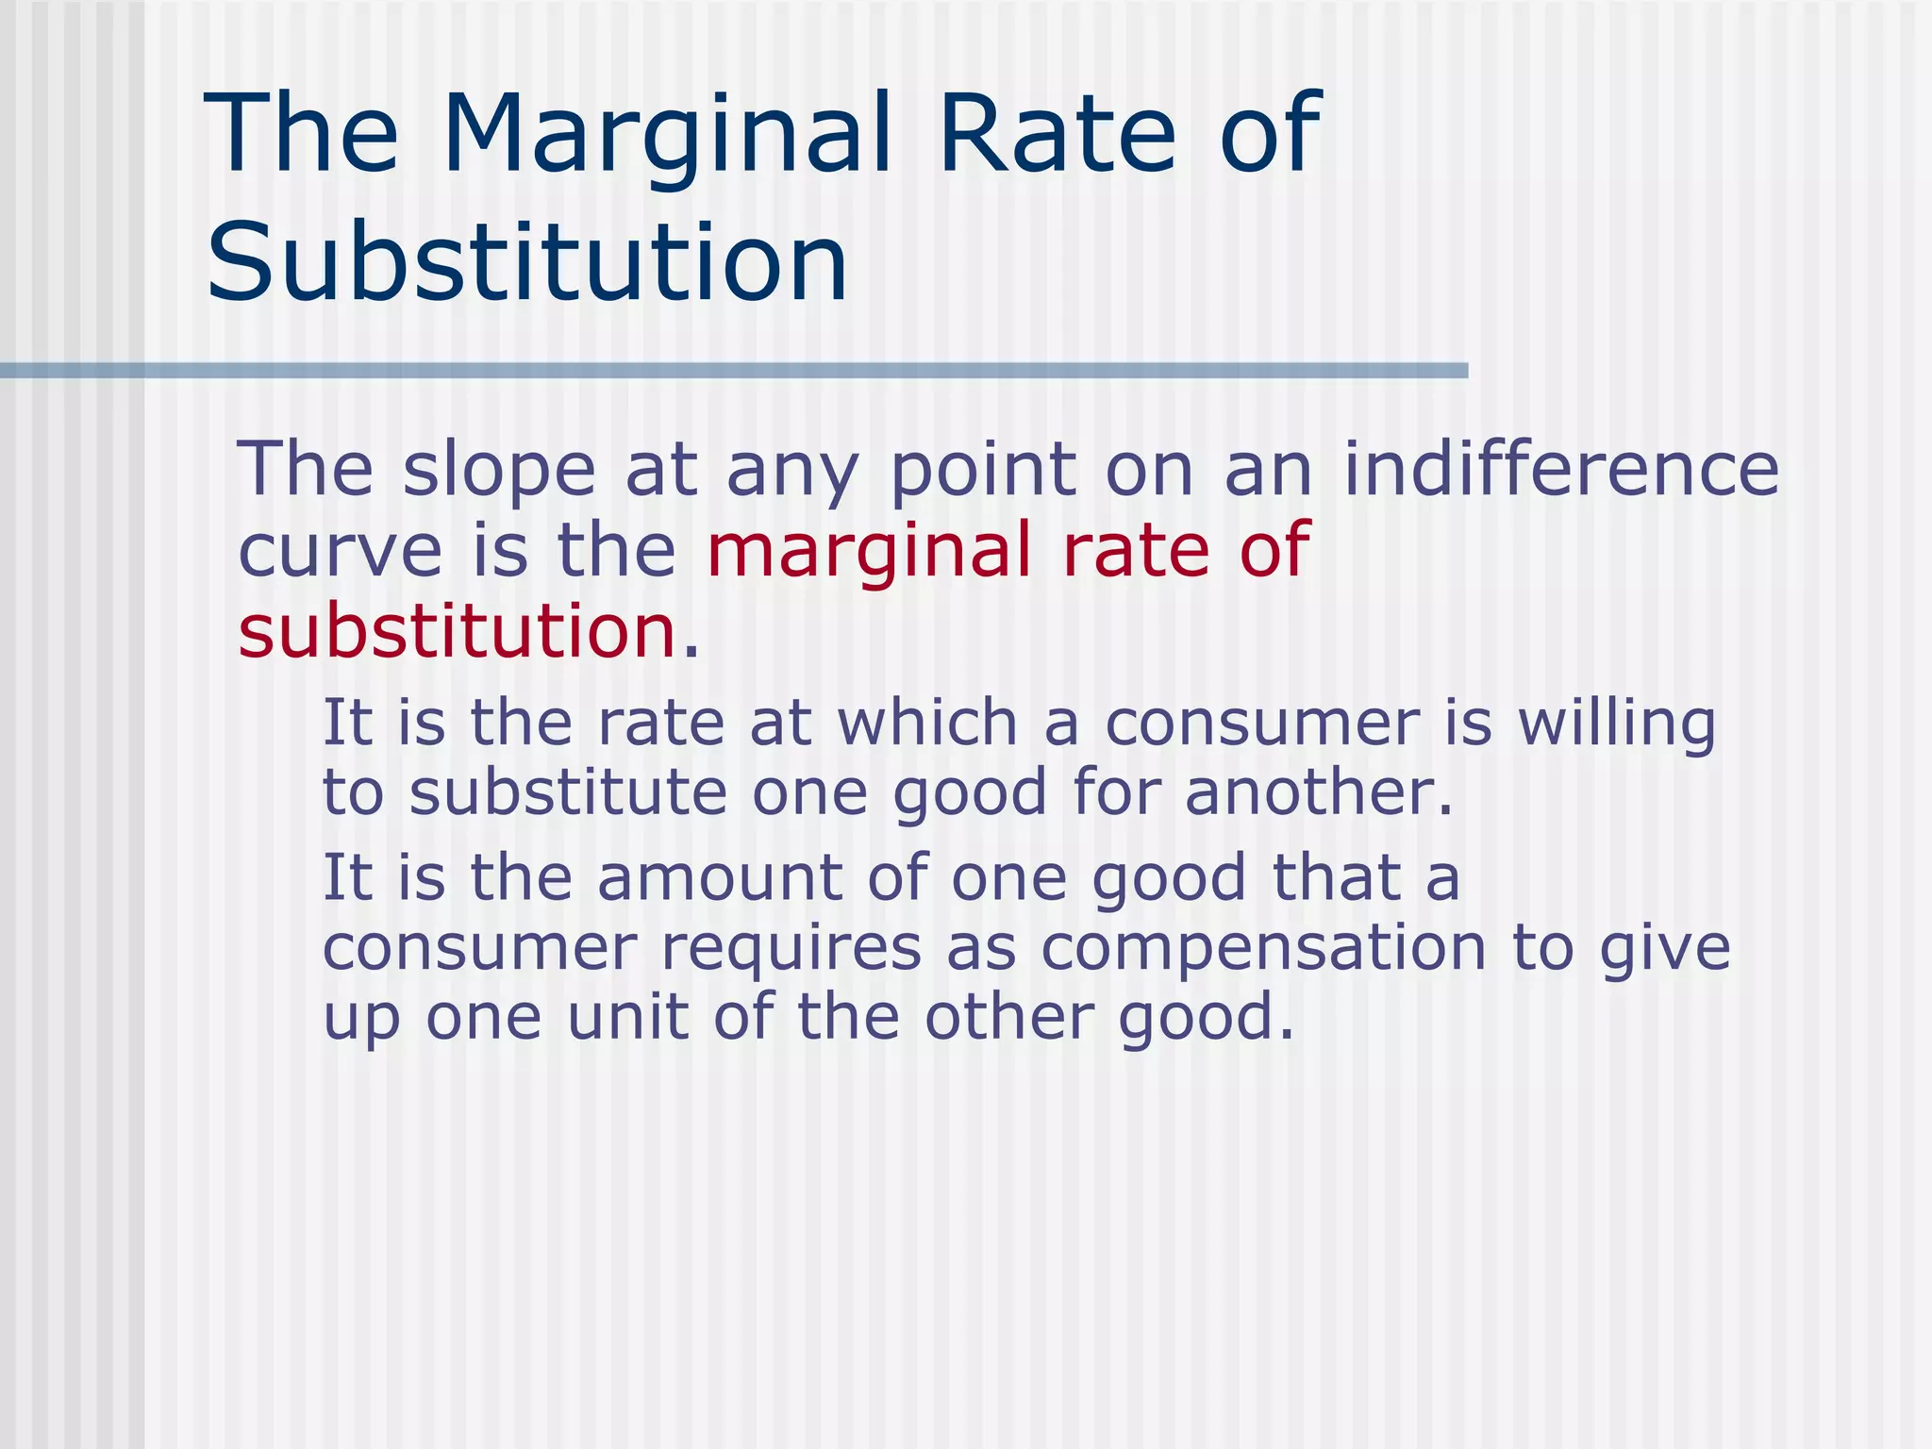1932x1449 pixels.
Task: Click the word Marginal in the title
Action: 666,134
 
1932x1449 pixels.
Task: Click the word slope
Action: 499,469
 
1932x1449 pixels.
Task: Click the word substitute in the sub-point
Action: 568,792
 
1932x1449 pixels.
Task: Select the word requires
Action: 791,948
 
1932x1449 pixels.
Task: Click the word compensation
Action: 1263,950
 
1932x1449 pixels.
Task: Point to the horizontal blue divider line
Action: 734,371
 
